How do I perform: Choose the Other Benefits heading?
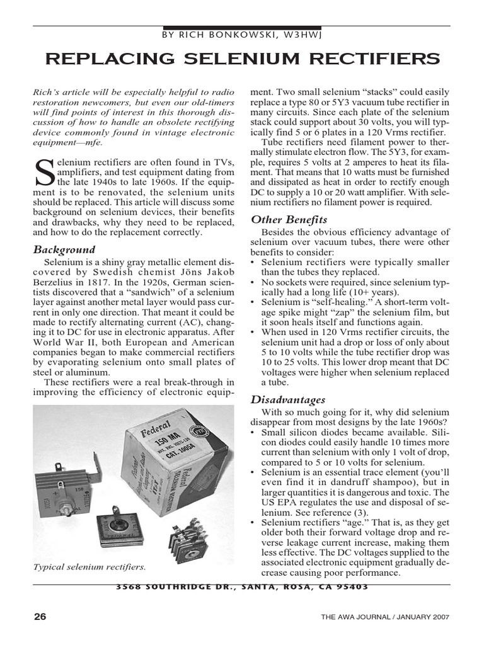pyautogui.click(x=289, y=220)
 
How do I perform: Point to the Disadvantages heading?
pyautogui.click(x=288, y=399)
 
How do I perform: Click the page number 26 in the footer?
pyautogui.click(x=40, y=617)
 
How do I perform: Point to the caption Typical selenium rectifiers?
pyautogui.click(x=89, y=567)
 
